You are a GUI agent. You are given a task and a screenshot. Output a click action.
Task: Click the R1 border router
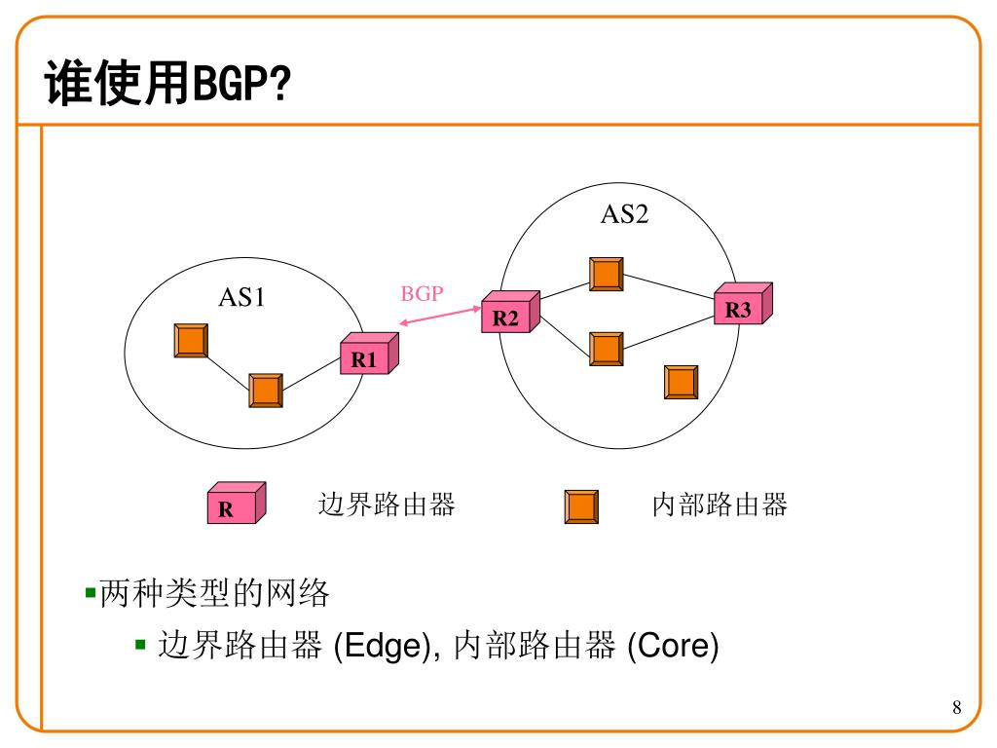pos(368,355)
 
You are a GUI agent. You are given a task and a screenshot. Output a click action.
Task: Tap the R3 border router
pos(742,305)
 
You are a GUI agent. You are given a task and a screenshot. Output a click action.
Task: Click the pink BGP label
pos(422,293)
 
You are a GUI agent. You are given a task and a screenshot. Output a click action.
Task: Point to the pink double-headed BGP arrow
pos(440,317)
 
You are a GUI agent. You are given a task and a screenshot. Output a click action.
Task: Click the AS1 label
pos(241,297)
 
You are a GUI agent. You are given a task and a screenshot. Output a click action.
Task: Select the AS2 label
pos(624,214)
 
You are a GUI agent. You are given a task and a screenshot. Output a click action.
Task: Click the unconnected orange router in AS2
pos(681,382)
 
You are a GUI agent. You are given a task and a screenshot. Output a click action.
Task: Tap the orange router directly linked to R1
pos(266,390)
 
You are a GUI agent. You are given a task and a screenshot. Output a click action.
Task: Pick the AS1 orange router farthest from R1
pos(191,340)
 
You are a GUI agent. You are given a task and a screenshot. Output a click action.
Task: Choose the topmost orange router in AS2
pos(607,274)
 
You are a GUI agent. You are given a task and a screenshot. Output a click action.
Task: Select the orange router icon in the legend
pos(581,506)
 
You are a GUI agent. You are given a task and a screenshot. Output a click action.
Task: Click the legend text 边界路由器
pos(387,505)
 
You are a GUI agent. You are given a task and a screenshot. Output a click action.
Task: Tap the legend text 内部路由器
pos(720,505)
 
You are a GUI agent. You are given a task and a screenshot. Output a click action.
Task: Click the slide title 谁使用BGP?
pos(167,85)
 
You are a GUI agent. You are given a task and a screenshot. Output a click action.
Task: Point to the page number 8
pos(956,707)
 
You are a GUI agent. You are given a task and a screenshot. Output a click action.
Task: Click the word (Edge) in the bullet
pos(383,646)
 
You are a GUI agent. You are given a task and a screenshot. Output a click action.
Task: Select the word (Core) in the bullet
pos(673,646)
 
